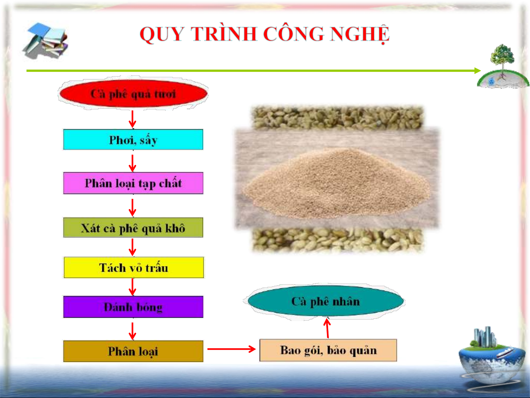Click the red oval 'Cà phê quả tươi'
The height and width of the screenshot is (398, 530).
pyautogui.click(x=133, y=94)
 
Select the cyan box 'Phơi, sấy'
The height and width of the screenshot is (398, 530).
pyautogui.click(x=133, y=140)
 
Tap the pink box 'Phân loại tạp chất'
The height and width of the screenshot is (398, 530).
pyautogui.click(x=133, y=183)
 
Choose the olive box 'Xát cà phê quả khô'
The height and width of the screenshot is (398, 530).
pyautogui.click(x=133, y=228)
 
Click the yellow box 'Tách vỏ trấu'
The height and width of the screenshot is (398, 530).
pyautogui.click(x=134, y=267)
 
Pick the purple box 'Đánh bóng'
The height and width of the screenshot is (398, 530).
pyautogui.click(x=133, y=307)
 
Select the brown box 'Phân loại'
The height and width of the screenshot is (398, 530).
pyautogui.click(x=133, y=351)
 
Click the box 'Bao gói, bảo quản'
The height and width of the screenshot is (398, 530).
pyautogui.click(x=328, y=350)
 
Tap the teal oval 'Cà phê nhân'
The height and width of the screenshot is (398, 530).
pyautogui.click(x=326, y=301)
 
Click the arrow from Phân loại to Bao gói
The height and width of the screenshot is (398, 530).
pyautogui.click(x=231, y=349)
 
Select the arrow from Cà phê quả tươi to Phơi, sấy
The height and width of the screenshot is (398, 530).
pyautogui.click(x=132, y=119)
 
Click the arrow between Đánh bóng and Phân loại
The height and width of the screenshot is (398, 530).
pyautogui.click(x=132, y=331)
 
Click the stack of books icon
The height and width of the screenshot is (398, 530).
pyautogui.click(x=46, y=40)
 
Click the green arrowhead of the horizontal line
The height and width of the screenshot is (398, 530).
pyautogui.click(x=477, y=71)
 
